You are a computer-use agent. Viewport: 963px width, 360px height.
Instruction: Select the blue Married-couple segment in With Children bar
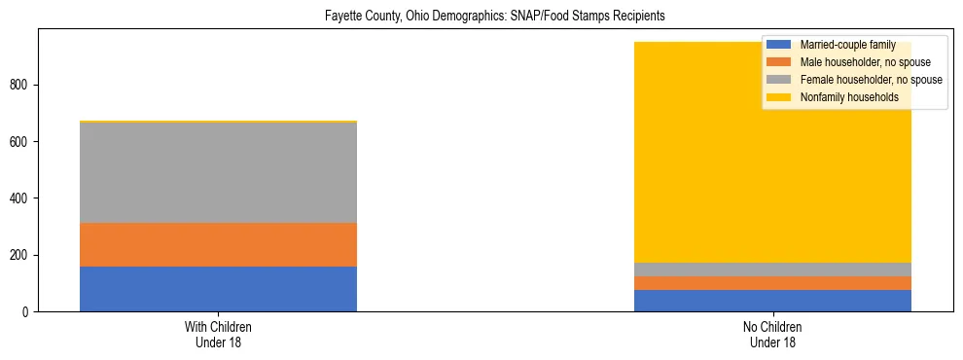(218, 289)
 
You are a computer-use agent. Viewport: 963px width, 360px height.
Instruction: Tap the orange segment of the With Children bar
(218, 244)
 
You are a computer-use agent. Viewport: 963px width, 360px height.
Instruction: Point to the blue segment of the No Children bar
(772, 301)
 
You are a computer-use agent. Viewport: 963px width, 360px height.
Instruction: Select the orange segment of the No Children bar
(772, 283)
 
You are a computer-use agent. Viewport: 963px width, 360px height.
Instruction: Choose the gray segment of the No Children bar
(772, 270)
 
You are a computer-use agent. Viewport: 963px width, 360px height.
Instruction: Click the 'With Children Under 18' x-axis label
(218, 335)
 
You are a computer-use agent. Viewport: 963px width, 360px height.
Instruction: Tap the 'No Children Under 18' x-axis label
(772, 335)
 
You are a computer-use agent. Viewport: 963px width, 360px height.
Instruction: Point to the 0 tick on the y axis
(27, 312)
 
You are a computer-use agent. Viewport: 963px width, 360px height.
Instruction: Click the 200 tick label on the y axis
(21, 255)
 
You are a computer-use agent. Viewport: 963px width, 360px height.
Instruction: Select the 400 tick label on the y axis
(21, 198)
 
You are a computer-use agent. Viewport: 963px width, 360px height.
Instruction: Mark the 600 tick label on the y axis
(21, 142)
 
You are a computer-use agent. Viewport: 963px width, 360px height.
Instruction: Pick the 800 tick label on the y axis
(21, 86)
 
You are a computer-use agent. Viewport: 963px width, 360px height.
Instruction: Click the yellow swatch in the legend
(779, 97)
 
